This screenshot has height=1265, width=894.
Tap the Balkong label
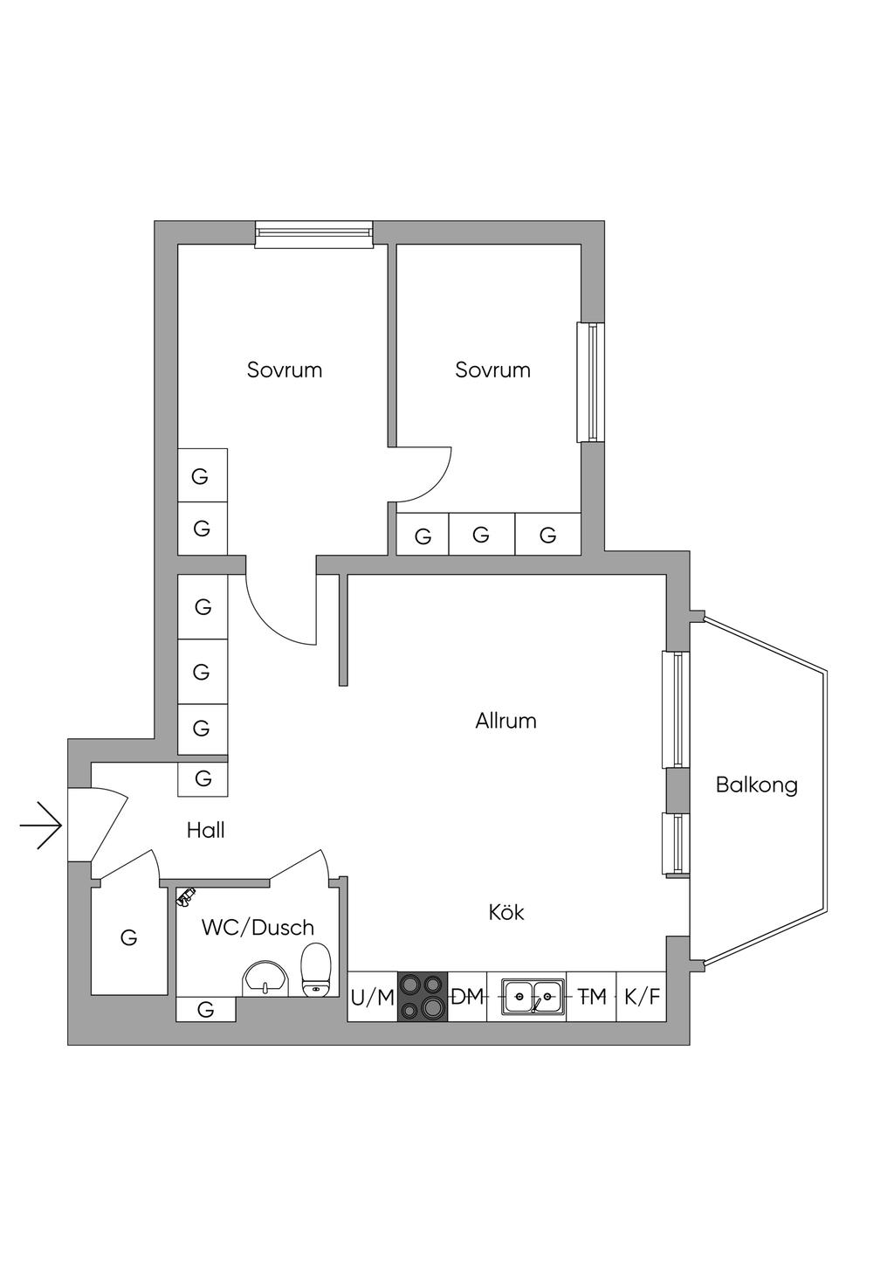(756, 785)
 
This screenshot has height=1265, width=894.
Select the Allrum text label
(505, 721)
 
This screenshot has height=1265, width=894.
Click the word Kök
(506, 912)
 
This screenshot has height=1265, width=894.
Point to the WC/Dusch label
(258, 927)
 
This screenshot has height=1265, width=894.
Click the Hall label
(205, 830)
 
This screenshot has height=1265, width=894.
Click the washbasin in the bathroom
(265, 980)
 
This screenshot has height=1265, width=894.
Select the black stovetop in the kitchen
(423, 996)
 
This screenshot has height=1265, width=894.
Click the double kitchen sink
(533, 997)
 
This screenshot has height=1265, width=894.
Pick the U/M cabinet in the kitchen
(373, 996)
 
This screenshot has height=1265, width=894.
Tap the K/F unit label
(643, 997)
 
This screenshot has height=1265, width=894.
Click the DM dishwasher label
(468, 997)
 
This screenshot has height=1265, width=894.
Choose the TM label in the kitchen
(591, 997)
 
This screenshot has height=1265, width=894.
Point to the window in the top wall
(314, 234)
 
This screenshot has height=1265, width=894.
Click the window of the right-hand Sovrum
(590, 382)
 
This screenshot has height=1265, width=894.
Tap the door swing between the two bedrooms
(421, 474)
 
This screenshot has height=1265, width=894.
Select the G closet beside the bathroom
(128, 939)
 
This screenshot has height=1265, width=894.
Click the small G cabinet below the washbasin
(206, 1009)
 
